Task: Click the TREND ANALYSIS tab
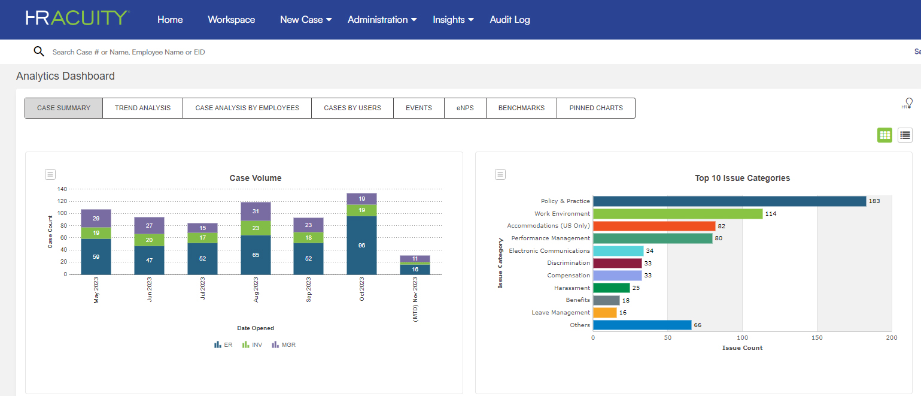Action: click(x=142, y=108)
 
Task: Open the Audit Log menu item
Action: click(x=509, y=20)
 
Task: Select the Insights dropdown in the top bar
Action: click(x=453, y=20)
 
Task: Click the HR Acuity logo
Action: click(x=77, y=18)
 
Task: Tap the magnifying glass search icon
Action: click(x=39, y=52)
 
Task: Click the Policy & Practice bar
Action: click(x=729, y=201)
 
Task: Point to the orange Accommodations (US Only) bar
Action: click(x=653, y=226)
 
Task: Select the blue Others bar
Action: click(x=642, y=325)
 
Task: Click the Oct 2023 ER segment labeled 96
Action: click(x=361, y=245)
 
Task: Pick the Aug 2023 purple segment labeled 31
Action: click(x=256, y=211)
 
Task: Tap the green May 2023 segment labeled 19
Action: click(x=96, y=233)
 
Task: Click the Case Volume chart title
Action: click(x=255, y=178)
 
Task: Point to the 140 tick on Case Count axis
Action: click(x=62, y=189)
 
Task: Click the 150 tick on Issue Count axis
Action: click(x=817, y=338)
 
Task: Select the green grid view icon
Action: click(x=884, y=135)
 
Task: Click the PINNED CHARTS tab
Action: click(x=595, y=108)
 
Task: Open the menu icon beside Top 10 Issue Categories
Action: click(x=500, y=174)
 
